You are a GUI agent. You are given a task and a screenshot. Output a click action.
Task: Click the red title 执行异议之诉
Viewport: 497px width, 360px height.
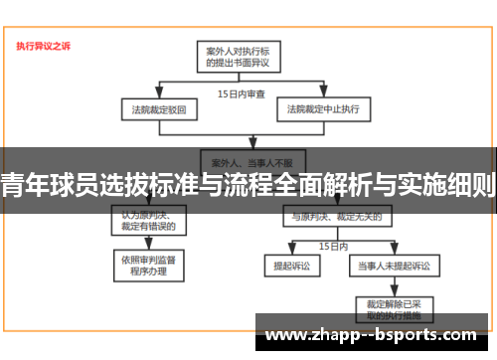click(43, 46)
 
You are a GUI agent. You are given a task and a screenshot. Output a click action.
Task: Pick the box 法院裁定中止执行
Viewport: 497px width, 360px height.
click(323, 107)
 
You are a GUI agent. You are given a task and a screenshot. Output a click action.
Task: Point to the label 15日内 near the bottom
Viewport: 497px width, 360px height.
click(332, 244)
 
